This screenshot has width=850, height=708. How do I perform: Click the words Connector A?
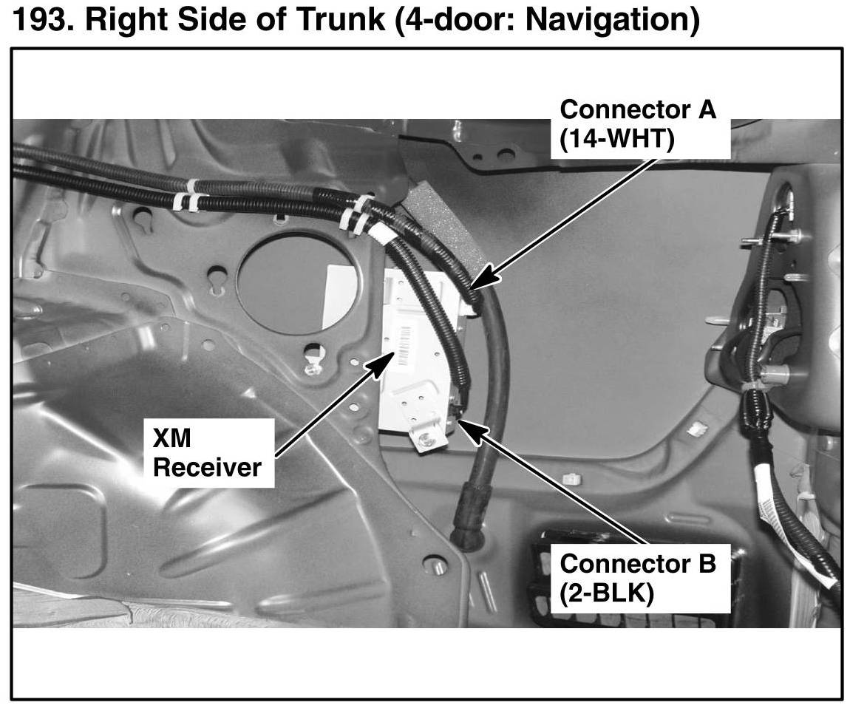tap(638, 110)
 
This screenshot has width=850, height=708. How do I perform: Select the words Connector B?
tap(638, 563)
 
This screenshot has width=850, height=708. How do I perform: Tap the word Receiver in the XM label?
tap(207, 467)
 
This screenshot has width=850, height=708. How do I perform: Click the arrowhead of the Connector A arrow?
tap(474, 283)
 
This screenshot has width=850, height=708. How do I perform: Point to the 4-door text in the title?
tap(446, 21)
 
